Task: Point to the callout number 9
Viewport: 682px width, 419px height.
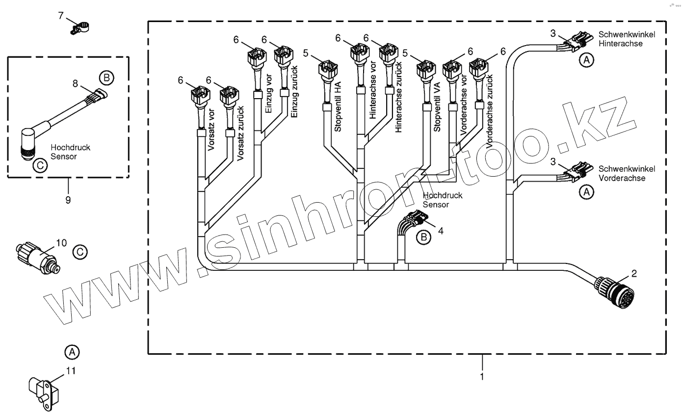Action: pos(68,200)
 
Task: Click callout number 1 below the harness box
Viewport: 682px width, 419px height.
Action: pos(482,376)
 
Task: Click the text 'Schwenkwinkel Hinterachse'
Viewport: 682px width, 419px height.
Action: pos(620,40)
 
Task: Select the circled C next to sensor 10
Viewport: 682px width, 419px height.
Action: pos(80,252)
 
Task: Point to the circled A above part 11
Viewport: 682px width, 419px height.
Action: pos(72,352)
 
